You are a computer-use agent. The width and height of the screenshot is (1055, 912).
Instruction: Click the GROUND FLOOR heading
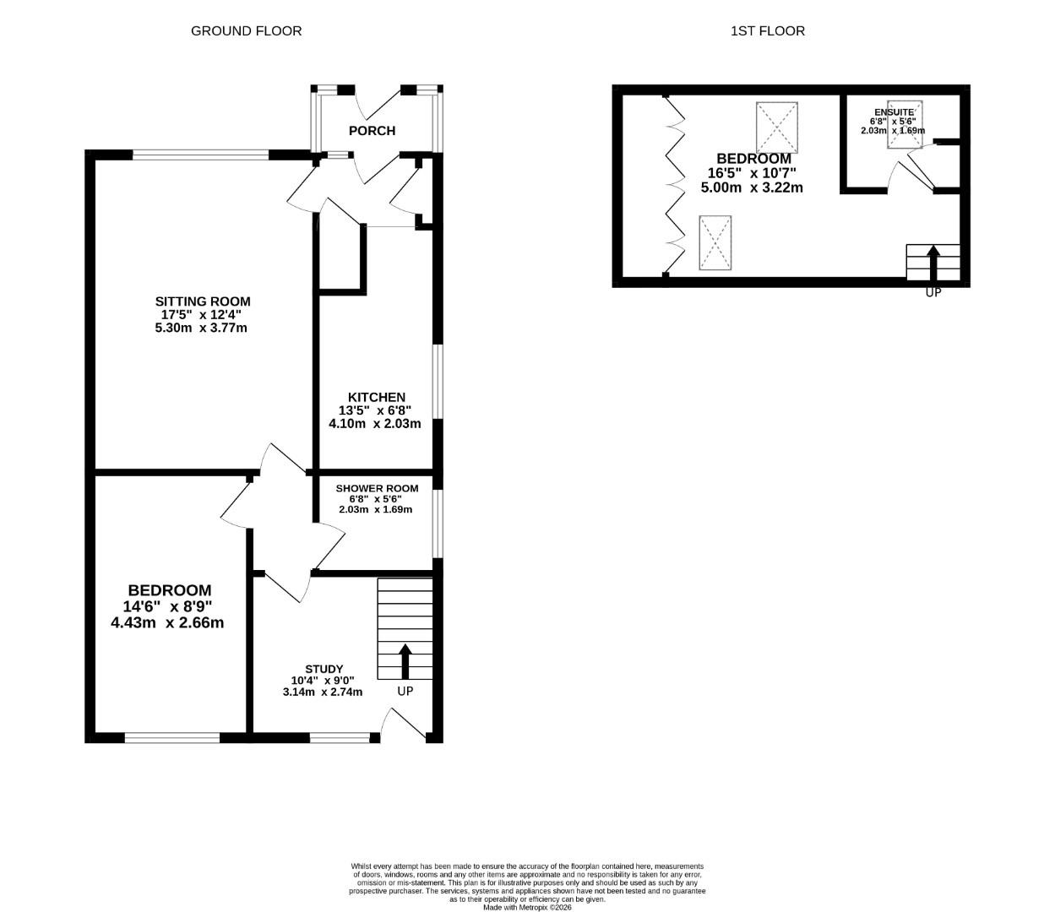[246, 30]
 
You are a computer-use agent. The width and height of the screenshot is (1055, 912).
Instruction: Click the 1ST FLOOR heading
[767, 30]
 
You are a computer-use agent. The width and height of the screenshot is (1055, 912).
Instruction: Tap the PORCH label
[372, 130]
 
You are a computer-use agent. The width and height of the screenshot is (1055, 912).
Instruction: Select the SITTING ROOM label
[203, 301]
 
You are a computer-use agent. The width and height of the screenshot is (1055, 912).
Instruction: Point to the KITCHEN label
[377, 397]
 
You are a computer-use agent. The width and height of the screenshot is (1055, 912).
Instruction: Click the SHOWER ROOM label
[377, 489]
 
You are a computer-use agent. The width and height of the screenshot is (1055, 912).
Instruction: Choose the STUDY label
[324, 669]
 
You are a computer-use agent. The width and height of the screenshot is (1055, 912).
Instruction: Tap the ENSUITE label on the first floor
[894, 111]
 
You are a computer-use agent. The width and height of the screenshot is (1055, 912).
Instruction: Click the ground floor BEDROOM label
[170, 590]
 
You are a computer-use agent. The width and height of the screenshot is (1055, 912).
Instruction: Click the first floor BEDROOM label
[753, 159]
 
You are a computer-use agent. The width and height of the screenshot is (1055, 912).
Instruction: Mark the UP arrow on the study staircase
[405, 661]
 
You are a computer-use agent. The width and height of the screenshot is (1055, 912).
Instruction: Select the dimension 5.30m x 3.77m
[201, 328]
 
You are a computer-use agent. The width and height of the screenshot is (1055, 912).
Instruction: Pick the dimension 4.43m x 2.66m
[167, 623]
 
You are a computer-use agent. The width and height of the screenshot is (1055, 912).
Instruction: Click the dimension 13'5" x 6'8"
[375, 410]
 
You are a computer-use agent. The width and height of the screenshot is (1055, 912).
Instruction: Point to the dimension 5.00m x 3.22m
[752, 187]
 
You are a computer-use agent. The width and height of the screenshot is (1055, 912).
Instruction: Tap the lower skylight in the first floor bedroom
[715, 243]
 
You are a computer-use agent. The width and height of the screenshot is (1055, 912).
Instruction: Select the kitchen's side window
[437, 380]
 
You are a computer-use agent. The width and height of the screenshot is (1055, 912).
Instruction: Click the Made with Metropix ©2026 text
[527, 908]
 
